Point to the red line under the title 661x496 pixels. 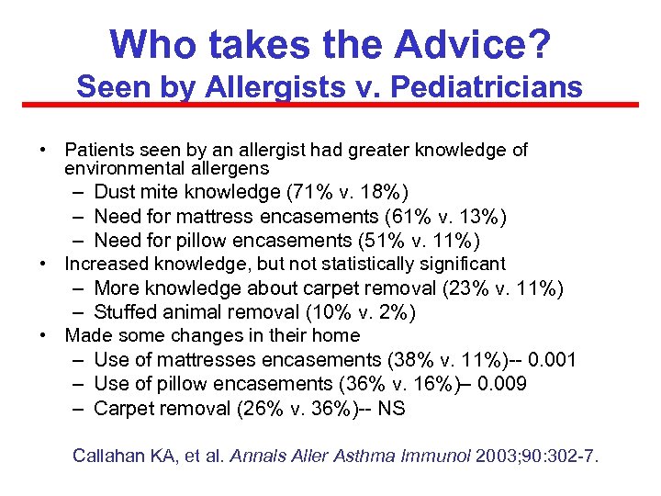click(330, 105)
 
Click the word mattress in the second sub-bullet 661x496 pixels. click(254, 216)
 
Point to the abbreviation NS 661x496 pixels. click(392, 408)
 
